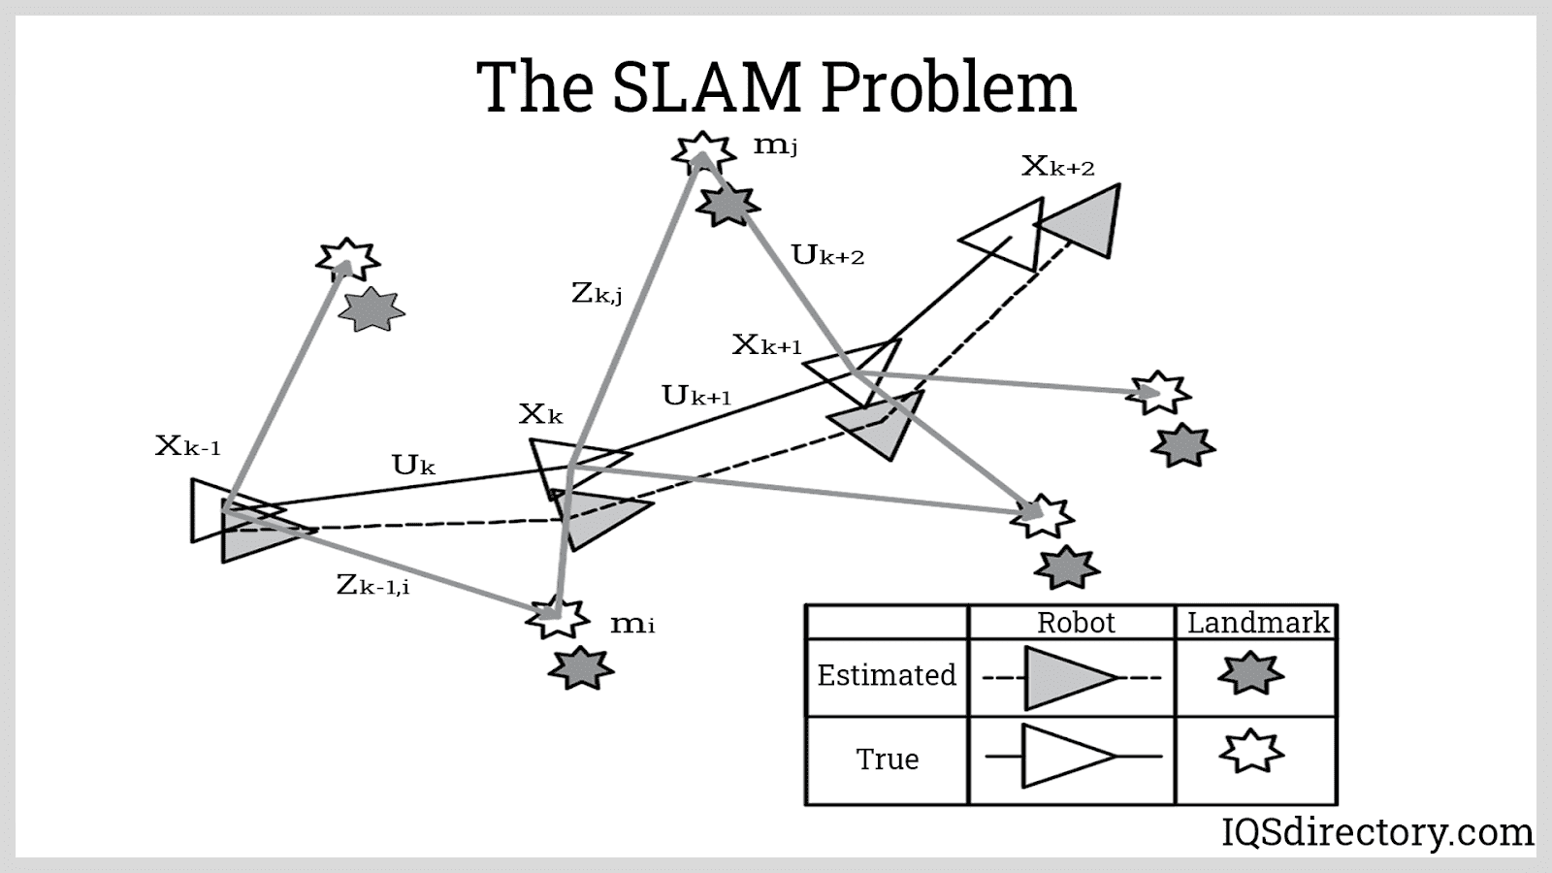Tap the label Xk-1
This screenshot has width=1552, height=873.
(188, 446)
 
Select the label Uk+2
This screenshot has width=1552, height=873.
(827, 256)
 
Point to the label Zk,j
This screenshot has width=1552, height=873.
(597, 292)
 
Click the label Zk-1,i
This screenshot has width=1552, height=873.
(372, 585)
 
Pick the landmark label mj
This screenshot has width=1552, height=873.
(775, 146)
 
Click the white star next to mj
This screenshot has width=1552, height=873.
(702, 153)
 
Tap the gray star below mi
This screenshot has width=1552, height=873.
(580, 667)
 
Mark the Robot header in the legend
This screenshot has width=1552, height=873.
(1076, 623)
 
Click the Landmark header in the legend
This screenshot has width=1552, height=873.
(1257, 623)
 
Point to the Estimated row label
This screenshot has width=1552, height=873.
(887, 675)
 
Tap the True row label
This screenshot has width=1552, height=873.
(887, 759)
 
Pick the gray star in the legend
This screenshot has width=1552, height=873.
(1250, 673)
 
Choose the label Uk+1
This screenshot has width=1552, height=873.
(696, 396)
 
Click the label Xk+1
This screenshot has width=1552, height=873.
(767, 345)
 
